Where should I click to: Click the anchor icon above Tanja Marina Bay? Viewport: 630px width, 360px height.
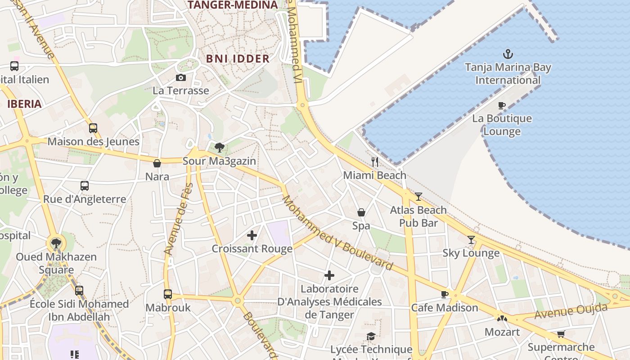[508, 54]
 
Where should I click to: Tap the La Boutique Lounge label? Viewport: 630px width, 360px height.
[502, 125]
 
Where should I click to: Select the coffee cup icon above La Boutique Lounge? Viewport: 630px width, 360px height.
[501, 106]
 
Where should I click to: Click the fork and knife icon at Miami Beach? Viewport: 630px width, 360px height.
[375, 162]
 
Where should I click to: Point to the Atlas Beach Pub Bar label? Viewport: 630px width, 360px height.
[418, 216]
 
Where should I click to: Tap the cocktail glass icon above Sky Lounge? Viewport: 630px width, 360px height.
[471, 240]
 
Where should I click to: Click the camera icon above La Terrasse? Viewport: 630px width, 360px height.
[181, 78]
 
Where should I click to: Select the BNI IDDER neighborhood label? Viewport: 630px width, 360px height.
[238, 58]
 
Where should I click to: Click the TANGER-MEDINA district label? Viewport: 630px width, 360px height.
[232, 5]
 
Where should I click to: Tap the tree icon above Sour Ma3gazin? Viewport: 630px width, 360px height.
[220, 147]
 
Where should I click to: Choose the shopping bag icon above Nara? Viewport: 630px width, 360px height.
[157, 163]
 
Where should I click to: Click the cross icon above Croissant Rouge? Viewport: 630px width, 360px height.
[252, 235]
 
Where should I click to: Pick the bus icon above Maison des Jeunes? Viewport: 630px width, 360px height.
[93, 128]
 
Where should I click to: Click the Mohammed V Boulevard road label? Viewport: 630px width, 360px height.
[337, 233]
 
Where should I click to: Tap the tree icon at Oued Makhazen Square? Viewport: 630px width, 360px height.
[56, 244]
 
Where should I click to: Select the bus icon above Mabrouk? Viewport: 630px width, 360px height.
[168, 294]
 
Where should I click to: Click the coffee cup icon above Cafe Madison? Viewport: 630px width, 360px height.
[445, 294]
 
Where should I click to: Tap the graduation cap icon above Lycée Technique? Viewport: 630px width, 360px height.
[371, 337]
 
